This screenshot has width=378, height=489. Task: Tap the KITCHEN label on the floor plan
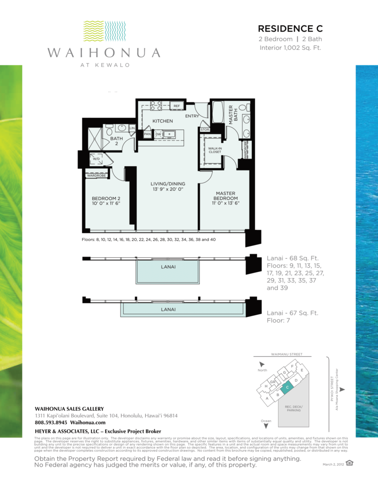162,121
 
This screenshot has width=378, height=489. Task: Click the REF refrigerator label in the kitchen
176,106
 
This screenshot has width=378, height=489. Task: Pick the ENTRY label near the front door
193,116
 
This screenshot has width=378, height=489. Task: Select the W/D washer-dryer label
96,159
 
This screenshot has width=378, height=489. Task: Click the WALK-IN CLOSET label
215,150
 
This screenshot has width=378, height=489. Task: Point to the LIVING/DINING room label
168,184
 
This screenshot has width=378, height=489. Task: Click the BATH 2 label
117,141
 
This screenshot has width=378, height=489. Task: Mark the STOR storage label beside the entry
205,129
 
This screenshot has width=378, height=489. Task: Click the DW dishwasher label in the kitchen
158,135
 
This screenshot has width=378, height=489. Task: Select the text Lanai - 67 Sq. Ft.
292,313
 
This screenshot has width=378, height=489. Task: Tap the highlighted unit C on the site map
287,388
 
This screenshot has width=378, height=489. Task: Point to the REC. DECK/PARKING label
293,409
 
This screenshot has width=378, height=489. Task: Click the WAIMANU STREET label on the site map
281,355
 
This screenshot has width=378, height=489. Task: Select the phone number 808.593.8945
51,422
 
